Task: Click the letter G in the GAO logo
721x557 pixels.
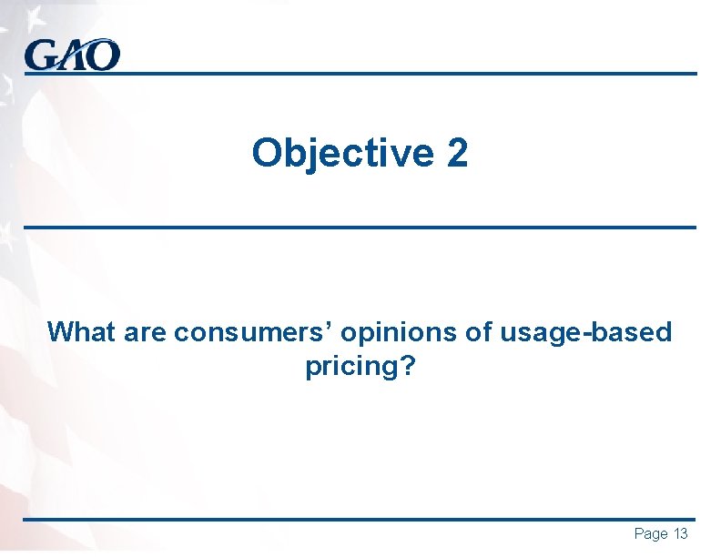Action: click(x=41, y=56)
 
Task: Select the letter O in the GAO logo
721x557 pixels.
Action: click(x=103, y=56)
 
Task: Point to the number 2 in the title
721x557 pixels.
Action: click(x=457, y=153)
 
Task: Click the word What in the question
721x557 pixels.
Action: click(x=79, y=332)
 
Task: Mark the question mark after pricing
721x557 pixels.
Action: click(x=406, y=366)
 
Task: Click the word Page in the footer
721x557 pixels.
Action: click(x=651, y=534)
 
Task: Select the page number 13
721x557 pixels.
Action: click(x=681, y=534)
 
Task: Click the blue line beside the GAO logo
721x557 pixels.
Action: click(x=410, y=74)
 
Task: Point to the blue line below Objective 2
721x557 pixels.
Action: click(x=360, y=227)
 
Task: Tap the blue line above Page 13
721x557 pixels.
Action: click(x=360, y=520)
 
